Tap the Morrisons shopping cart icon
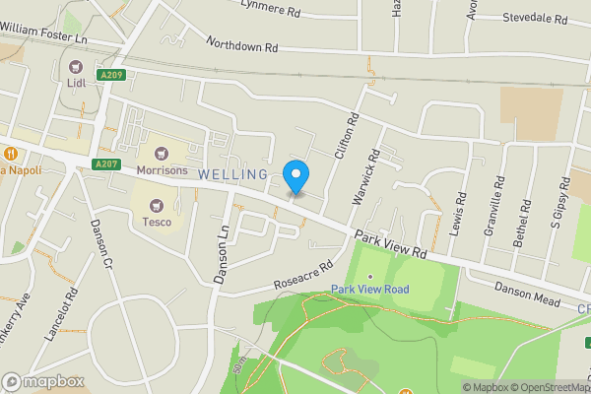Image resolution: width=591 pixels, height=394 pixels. click(x=160, y=153)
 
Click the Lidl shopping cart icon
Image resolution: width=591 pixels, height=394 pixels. click(x=77, y=66)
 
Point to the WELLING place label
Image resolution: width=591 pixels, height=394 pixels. click(x=232, y=174)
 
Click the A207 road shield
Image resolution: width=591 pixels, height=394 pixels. click(x=106, y=164)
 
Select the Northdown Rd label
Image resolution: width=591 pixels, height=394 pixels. click(x=242, y=44)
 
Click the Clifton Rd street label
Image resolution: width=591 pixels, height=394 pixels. click(x=347, y=133)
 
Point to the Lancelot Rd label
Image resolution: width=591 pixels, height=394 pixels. click(x=72, y=312)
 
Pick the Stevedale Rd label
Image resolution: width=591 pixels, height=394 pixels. click(x=535, y=19)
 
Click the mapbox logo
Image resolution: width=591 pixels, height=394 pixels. click(x=41, y=381)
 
